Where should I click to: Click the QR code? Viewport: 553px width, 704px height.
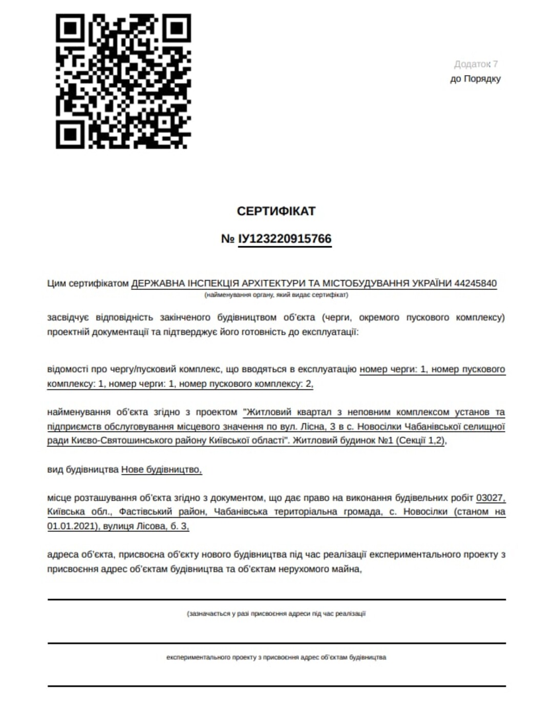[x=123, y=81]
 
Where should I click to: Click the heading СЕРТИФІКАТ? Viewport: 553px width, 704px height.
[x=276, y=211]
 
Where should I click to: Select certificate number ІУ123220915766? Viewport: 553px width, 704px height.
[x=285, y=239]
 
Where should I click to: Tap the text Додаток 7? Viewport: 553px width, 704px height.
[x=476, y=64]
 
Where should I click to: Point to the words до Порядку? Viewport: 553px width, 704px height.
[x=475, y=79]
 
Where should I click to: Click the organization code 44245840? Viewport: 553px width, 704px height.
[x=475, y=283]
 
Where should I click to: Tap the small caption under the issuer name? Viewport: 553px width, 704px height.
[x=276, y=295]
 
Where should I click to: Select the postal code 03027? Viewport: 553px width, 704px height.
[x=491, y=497]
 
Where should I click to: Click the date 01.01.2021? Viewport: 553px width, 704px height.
[x=71, y=526]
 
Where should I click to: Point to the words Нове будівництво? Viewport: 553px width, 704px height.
[x=161, y=469]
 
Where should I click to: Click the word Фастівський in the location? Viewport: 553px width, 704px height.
[x=145, y=511]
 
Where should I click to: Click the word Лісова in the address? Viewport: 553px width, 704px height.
[x=150, y=526]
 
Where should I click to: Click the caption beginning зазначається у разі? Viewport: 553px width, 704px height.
[x=276, y=613]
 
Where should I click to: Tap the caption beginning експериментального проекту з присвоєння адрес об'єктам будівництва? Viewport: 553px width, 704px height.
[x=276, y=657]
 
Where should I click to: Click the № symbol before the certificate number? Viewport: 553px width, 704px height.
[x=228, y=239]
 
